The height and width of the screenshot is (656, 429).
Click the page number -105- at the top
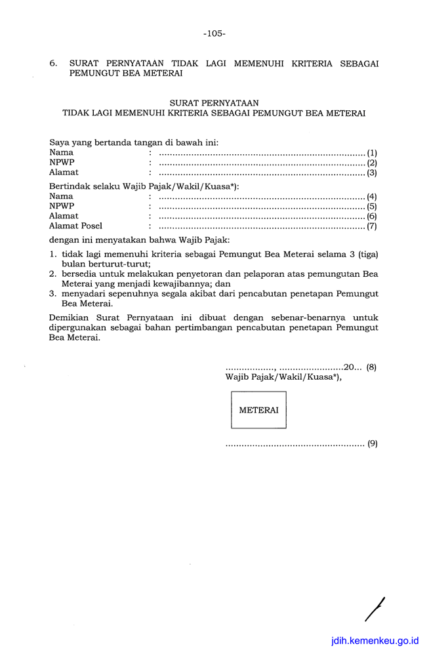tap(214, 33)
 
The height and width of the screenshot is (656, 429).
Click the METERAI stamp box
tap(258, 410)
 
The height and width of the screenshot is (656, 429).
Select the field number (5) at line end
tap(371, 206)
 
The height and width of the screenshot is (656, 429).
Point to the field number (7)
tap(371, 226)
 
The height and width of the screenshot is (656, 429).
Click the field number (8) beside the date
tap(371, 367)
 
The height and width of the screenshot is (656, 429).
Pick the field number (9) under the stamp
tap(372, 444)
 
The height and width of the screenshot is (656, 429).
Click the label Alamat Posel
tap(75, 226)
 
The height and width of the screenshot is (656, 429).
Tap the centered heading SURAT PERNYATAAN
tap(214, 103)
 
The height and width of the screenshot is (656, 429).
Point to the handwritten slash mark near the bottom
tap(375, 609)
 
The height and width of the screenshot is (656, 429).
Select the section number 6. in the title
tap(54, 64)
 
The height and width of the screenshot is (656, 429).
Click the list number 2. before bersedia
tap(53, 274)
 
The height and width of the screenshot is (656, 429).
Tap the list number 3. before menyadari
tap(53, 294)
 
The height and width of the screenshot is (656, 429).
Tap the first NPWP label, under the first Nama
tap(62, 163)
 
